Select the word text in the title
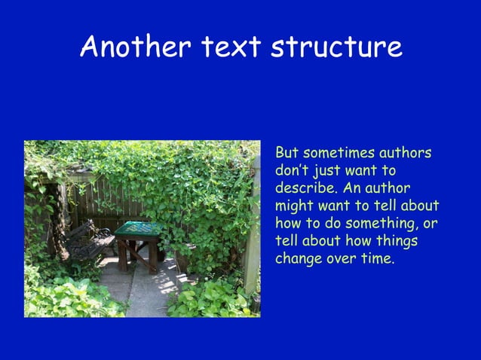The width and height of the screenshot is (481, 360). coord(229,47)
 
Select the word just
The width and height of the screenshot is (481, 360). coord(328,171)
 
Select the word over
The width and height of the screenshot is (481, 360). coord(342,259)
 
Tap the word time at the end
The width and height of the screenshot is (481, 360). coord(377,259)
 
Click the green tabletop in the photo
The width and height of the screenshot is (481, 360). coord(138,228)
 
